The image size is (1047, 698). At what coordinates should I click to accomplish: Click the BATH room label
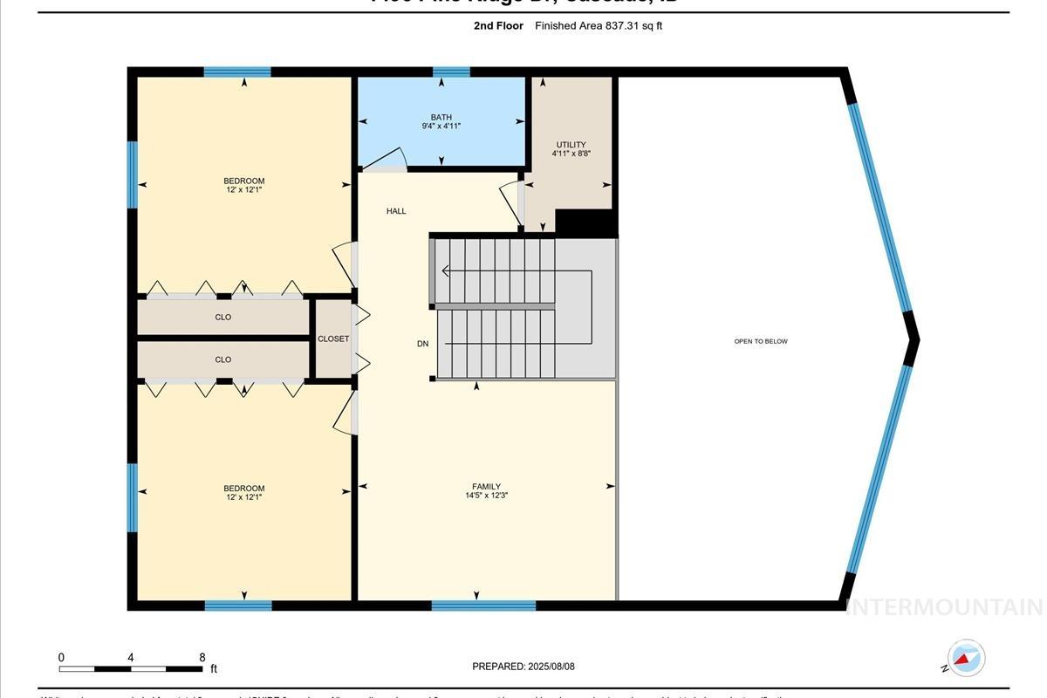(x=441, y=117)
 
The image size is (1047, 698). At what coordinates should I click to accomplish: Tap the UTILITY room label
(x=571, y=145)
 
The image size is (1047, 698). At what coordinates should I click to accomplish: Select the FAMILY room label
(x=486, y=487)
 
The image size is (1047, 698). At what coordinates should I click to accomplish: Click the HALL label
(x=396, y=211)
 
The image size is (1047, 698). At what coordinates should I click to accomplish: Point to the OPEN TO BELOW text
(x=761, y=341)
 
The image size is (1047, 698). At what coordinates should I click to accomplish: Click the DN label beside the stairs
(x=422, y=344)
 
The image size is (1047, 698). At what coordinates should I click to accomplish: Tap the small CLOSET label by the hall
(x=332, y=339)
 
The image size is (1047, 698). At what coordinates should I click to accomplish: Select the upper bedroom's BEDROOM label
(x=243, y=181)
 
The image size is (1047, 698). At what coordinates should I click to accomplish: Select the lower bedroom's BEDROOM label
(x=243, y=489)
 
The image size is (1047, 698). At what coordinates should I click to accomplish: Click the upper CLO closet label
(x=223, y=317)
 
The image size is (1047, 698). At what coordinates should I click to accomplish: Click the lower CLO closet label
(x=223, y=359)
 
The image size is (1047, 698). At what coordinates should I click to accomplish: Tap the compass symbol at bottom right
(x=966, y=658)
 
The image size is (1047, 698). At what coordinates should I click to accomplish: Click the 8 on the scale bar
(x=202, y=658)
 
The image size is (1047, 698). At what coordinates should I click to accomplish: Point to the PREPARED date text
(x=523, y=667)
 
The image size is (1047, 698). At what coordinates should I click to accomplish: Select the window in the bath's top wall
(x=451, y=72)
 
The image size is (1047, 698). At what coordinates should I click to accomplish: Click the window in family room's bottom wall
(x=483, y=605)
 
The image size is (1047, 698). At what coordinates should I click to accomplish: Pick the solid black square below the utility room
(x=586, y=222)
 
